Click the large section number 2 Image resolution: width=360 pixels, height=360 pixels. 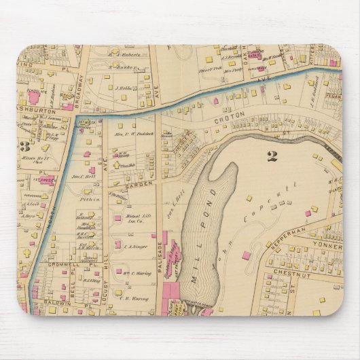pyautogui.click(x=272, y=156)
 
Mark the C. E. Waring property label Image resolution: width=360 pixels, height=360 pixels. pyautogui.click(x=131, y=296)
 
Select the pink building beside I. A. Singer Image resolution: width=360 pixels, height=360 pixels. pyautogui.click(x=118, y=245)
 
